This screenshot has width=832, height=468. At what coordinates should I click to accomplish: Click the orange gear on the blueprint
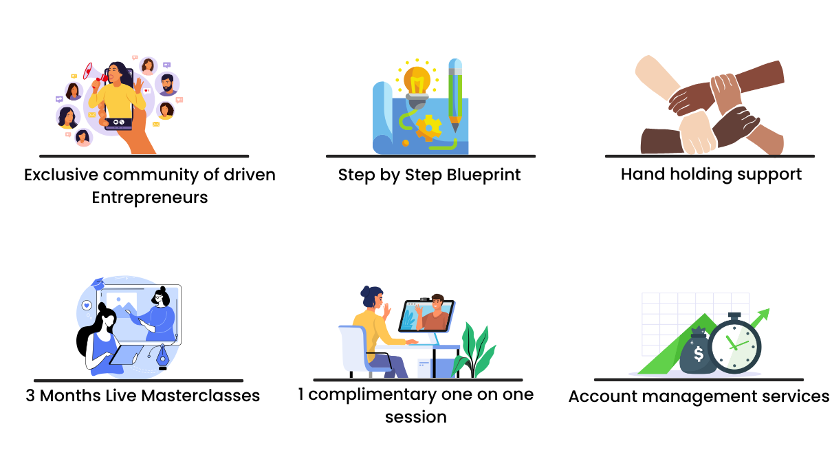(428, 128)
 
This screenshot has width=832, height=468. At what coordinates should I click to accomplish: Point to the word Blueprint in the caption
(483, 175)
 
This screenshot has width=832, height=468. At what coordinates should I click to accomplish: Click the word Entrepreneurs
(150, 198)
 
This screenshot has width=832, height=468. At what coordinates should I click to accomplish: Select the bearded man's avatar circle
(168, 85)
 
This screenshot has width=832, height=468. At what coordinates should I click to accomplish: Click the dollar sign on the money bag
(699, 354)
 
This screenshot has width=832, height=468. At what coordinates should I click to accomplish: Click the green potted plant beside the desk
(474, 350)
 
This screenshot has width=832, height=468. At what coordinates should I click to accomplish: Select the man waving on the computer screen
(433, 313)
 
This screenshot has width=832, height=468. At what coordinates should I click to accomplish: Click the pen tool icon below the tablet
(162, 356)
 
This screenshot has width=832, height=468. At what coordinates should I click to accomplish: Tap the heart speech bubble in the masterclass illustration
(87, 306)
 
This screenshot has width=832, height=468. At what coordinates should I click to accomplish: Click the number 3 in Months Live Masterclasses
(30, 396)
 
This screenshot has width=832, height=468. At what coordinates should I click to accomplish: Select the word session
(416, 417)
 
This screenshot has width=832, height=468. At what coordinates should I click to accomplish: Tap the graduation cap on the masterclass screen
(98, 284)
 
